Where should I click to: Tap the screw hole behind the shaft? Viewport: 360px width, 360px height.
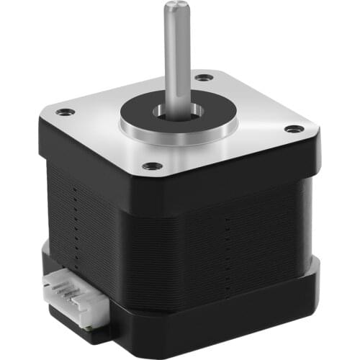point(204,76)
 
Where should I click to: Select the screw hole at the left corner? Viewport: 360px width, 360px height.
point(66,112)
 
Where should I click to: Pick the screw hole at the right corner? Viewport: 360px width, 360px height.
point(294,129)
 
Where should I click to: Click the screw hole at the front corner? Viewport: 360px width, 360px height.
point(152,166)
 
